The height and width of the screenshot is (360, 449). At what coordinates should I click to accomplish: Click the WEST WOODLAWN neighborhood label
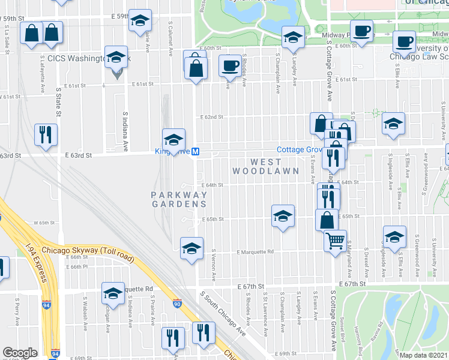click(274, 166)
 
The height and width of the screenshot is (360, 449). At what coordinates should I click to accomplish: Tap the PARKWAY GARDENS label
click(179, 199)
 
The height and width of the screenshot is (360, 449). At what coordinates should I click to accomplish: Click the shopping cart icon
click(336, 241)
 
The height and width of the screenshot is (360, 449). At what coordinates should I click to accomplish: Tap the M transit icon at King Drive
click(195, 154)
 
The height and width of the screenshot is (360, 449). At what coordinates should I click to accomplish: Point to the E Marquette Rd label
click(255, 252)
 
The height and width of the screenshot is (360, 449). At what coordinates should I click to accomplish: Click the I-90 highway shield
click(177, 305)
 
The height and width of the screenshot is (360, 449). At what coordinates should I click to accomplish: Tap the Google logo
click(20, 353)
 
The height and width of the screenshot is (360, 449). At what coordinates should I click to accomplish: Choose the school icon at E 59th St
click(140, 21)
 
